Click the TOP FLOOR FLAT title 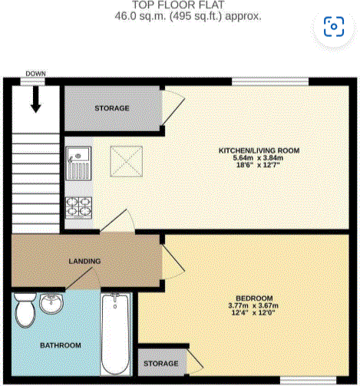[180, 5]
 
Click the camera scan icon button [334, 28]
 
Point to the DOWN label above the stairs [35, 74]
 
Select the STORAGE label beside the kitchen [112, 108]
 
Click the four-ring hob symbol [78, 205]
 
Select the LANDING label [84, 262]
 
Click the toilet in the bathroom [25, 312]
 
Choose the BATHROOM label [61, 345]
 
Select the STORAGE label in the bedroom [162, 363]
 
